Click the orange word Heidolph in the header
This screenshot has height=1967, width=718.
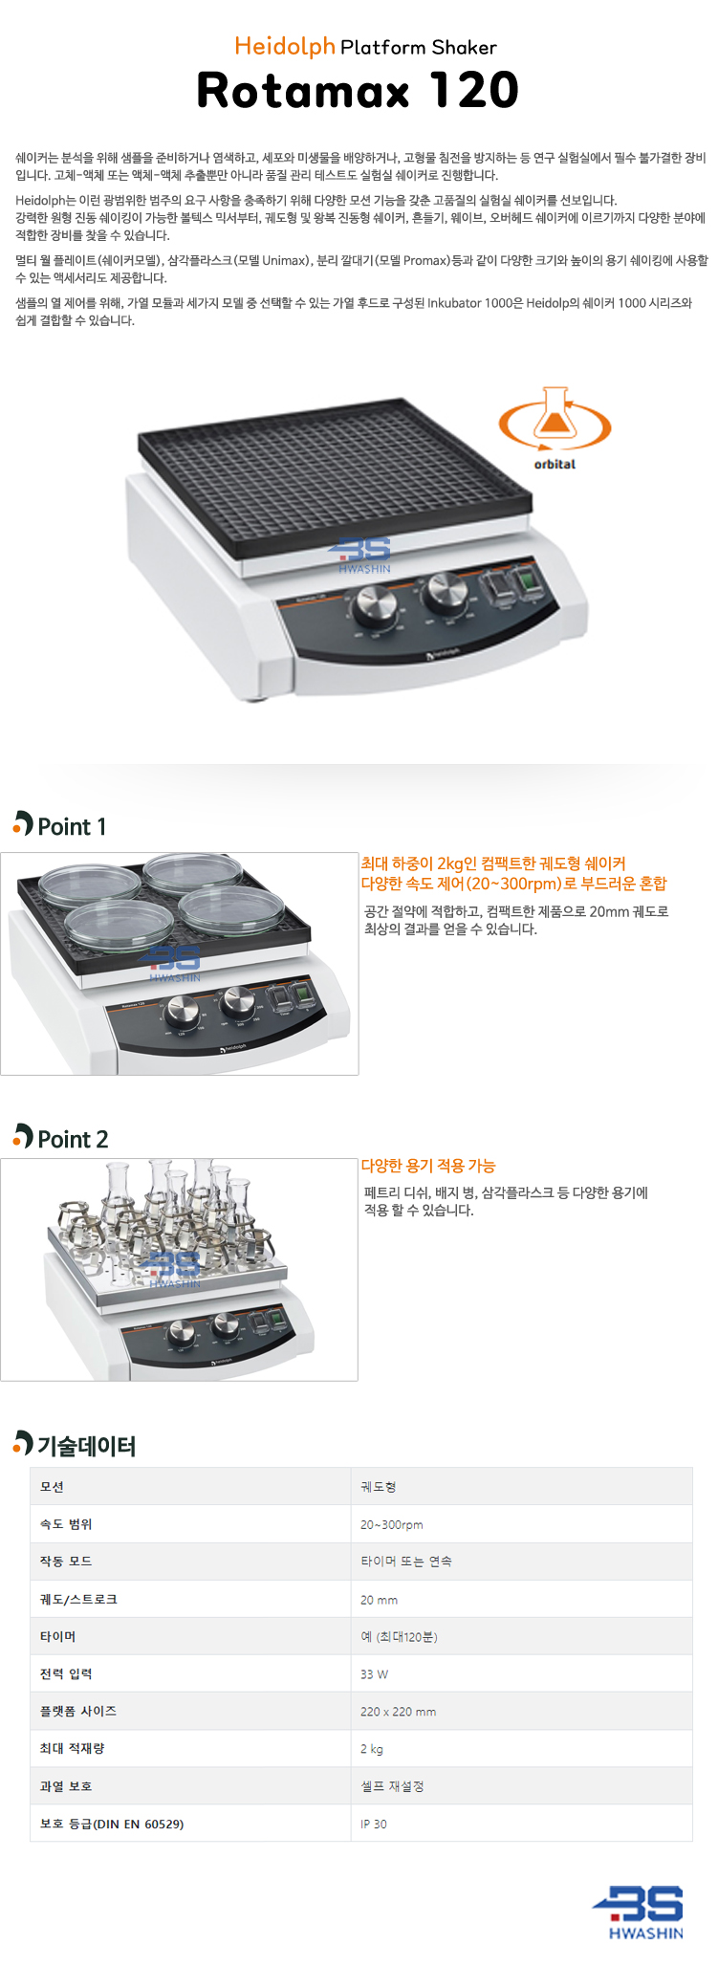coord(285,47)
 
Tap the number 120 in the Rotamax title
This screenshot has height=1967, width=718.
coord(474,91)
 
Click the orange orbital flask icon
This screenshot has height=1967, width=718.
coord(555,421)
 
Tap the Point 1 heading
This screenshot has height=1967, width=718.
coord(59,825)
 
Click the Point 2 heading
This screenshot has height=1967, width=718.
coord(60,1138)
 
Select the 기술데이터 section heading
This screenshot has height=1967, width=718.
coord(75,1445)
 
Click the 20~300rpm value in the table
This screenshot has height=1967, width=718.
coord(391,1524)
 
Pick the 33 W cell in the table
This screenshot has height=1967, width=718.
coord(374,1674)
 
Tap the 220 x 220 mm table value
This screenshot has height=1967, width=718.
coord(398,1712)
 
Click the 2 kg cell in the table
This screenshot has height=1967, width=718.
coord(372,1749)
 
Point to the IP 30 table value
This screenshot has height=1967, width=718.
coord(374,1824)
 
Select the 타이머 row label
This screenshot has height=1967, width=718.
coord(57,1637)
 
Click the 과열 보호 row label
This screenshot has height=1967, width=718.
coord(66,1786)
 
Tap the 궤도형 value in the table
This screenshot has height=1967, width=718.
coord(379,1487)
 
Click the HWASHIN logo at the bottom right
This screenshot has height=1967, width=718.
coord(638,1912)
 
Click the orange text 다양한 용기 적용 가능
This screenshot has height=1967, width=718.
coord(428,1166)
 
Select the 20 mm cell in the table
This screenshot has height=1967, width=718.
coord(379,1600)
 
